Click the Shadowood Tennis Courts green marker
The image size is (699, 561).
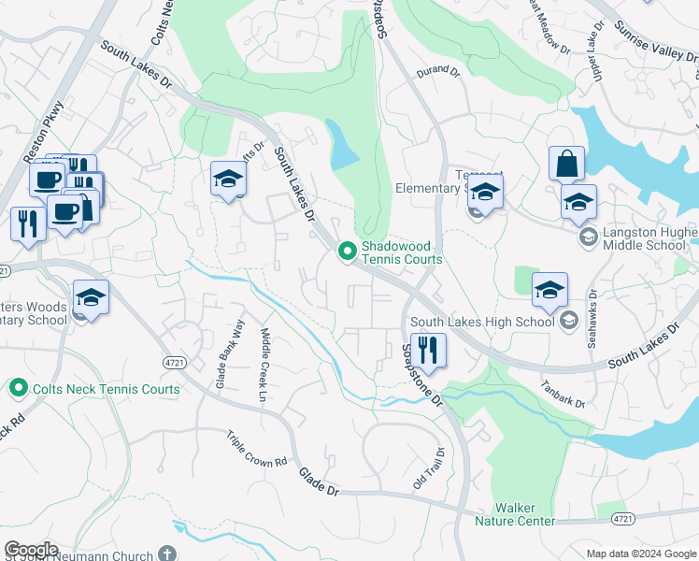(x=347, y=251)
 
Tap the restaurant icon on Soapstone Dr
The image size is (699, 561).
(x=428, y=352)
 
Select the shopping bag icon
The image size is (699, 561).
(x=566, y=165)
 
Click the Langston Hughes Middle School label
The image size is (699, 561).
(x=646, y=238)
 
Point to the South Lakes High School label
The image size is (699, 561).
(x=482, y=323)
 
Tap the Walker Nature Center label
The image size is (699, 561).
(x=515, y=514)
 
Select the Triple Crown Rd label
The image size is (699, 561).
(x=256, y=450)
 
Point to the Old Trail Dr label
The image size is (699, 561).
(x=429, y=467)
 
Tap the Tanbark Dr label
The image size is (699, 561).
(x=562, y=393)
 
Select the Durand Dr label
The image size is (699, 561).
(x=439, y=71)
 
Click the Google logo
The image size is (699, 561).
(x=31, y=550)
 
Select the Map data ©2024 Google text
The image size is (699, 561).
(x=640, y=554)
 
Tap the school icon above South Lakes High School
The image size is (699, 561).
(x=549, y=291)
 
